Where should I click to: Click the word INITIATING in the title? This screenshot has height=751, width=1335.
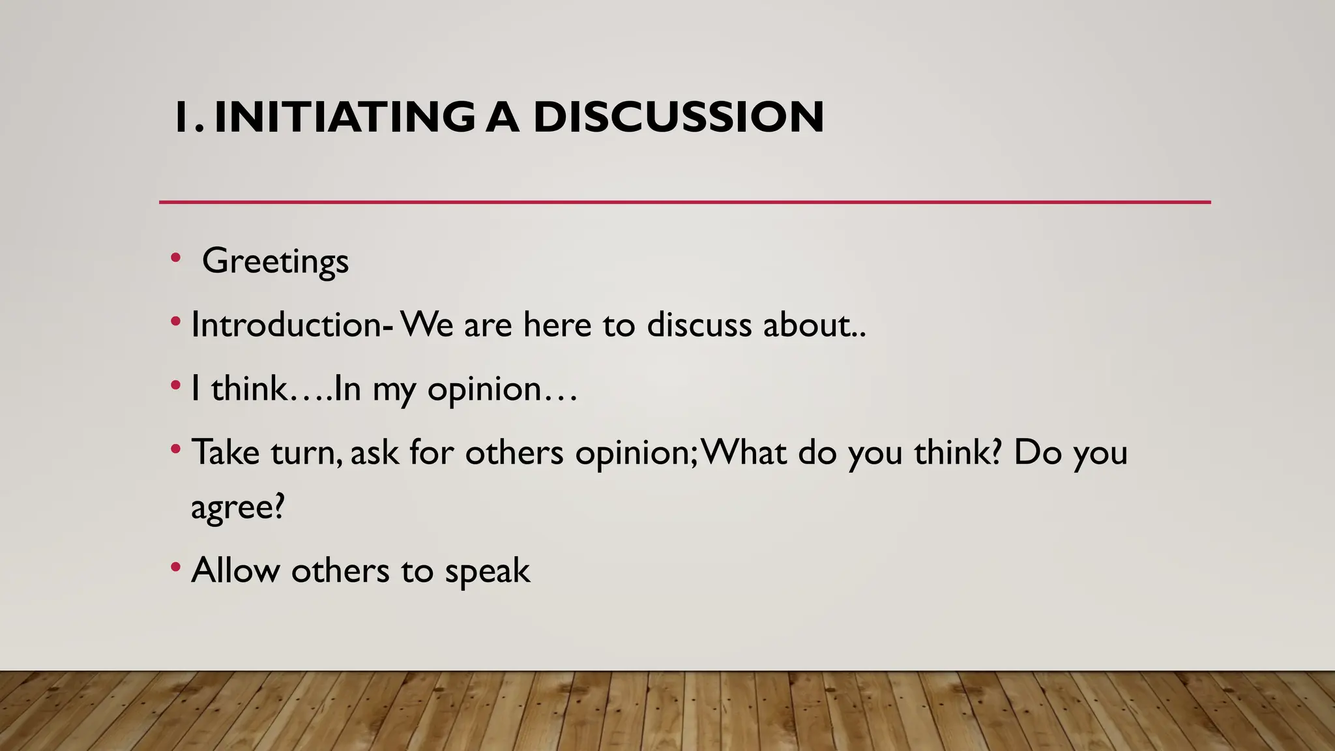(344, 117)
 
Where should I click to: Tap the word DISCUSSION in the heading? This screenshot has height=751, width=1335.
(678, 117)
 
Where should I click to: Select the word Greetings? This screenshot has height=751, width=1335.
(275, 261)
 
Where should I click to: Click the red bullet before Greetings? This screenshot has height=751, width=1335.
(175, 258)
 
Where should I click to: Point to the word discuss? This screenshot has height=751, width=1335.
(699, 325)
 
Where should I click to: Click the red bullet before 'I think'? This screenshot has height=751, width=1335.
(175, 386)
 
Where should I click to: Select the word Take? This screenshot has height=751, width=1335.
(226, 452)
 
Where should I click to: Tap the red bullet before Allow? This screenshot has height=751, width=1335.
(175, 567)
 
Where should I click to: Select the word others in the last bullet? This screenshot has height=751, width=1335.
(340, 570)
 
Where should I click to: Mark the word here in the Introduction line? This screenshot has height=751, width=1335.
(557, 325)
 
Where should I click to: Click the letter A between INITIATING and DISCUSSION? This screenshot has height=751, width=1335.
(503, 117)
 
